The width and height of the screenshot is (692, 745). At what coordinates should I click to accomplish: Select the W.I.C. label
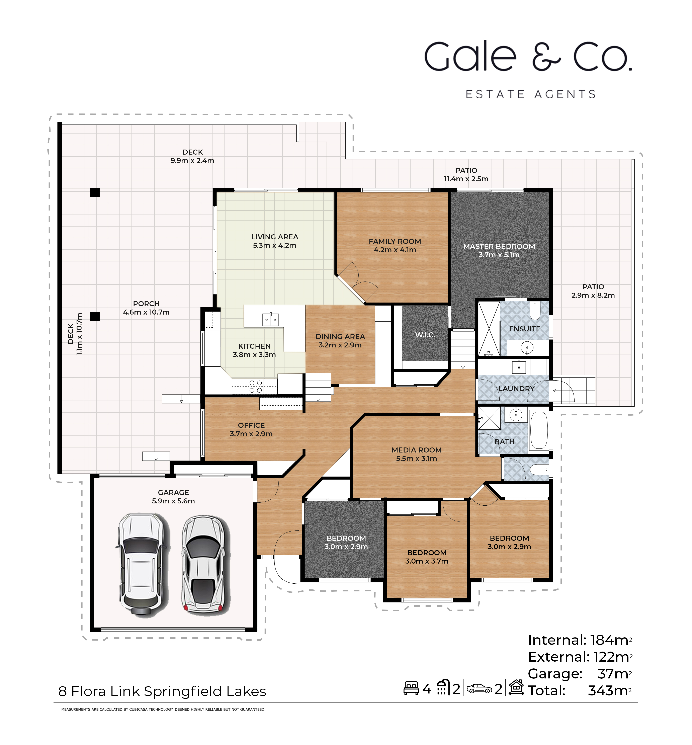pyautogui.click(x=425, y=335)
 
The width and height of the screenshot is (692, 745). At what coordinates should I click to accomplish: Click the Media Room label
pyautogui.click(x=416, y=450)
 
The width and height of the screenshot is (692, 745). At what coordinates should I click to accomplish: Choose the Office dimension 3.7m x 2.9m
pyautogui.click(x=251, y=434)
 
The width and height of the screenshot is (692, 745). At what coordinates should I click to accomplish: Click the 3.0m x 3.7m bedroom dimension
pyautogui.click(x=427, y=561)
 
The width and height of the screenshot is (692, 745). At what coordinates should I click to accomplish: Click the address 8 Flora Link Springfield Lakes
pyautogui.click(x=162, y=691)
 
